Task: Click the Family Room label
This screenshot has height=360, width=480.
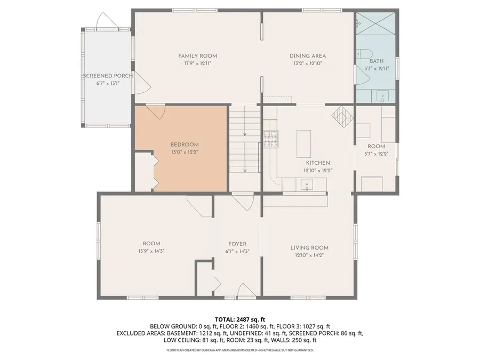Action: coord(197,55)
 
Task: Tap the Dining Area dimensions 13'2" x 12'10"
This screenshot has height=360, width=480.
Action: coord(308,63)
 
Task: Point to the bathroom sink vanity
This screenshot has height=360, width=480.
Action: coord(383,97)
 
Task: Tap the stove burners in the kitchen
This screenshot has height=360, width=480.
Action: coord(271,139)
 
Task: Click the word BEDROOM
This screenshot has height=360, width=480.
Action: coord(185,145)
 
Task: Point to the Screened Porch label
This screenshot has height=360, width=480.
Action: coord(107,76)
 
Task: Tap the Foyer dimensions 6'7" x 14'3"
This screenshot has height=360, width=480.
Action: coord(237,251)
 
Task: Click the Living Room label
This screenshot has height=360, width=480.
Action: coord(309,247)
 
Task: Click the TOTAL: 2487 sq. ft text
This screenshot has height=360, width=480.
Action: coord(239,319)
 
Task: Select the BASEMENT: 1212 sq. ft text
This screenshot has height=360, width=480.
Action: coord(181,333)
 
